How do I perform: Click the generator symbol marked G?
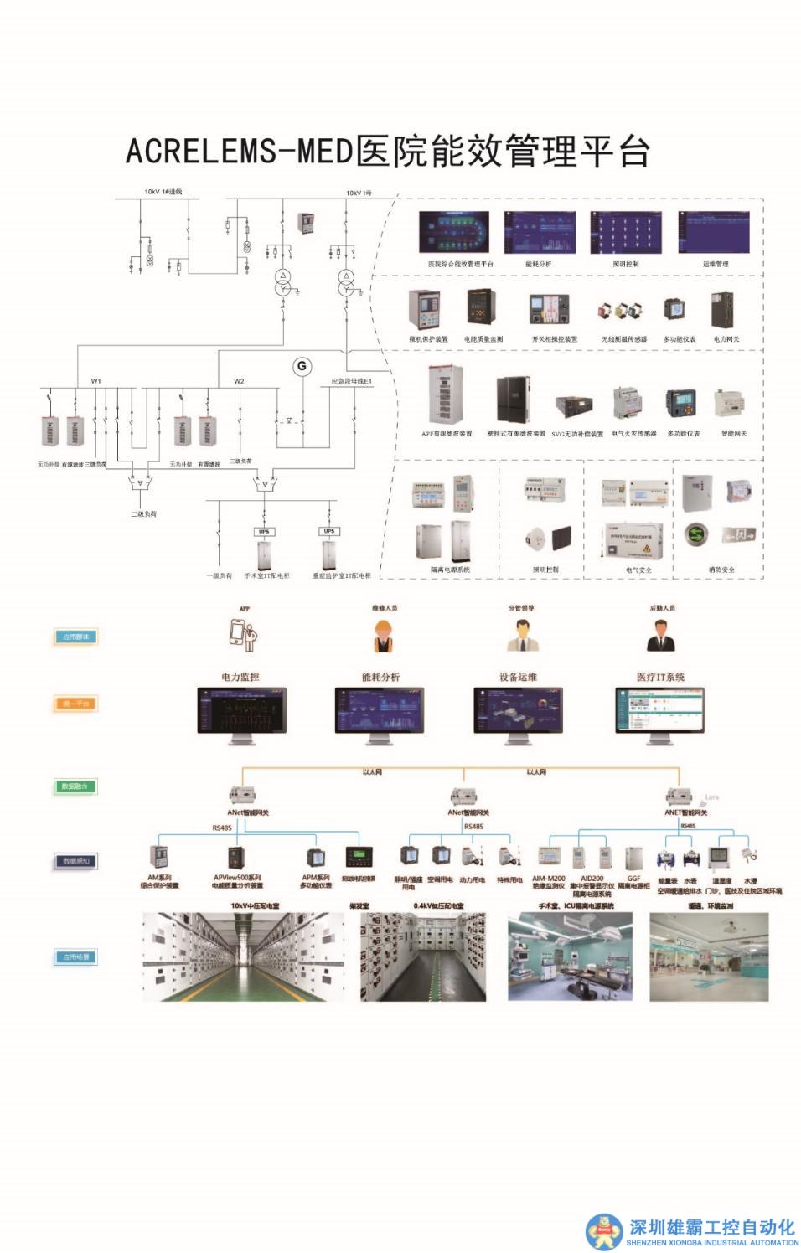pos(301,366)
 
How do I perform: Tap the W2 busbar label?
pos(239,381)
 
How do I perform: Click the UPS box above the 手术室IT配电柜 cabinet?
pos(264,531)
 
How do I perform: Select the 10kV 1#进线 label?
pos(163,192)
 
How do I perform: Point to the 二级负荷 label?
pos(142,513)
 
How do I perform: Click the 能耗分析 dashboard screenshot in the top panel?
pos(539,232)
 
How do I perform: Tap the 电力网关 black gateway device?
pos(723,311)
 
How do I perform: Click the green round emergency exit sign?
pos(694,534)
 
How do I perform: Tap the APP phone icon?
pos(244,635)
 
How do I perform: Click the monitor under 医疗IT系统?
pos(660,713)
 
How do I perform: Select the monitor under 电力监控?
pos(241,713)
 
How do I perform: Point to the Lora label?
pos(711,797)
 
